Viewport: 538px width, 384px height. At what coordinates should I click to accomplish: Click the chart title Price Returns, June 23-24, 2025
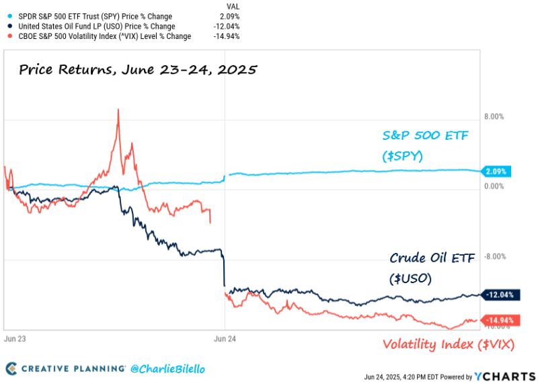pyautogui.click(x=138, y=69)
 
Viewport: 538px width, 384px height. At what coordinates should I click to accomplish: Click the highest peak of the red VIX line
pyautogui.click(x=118, y=109)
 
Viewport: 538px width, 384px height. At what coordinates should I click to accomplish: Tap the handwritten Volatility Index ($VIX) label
pyautogui.click(x=449, y=345)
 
